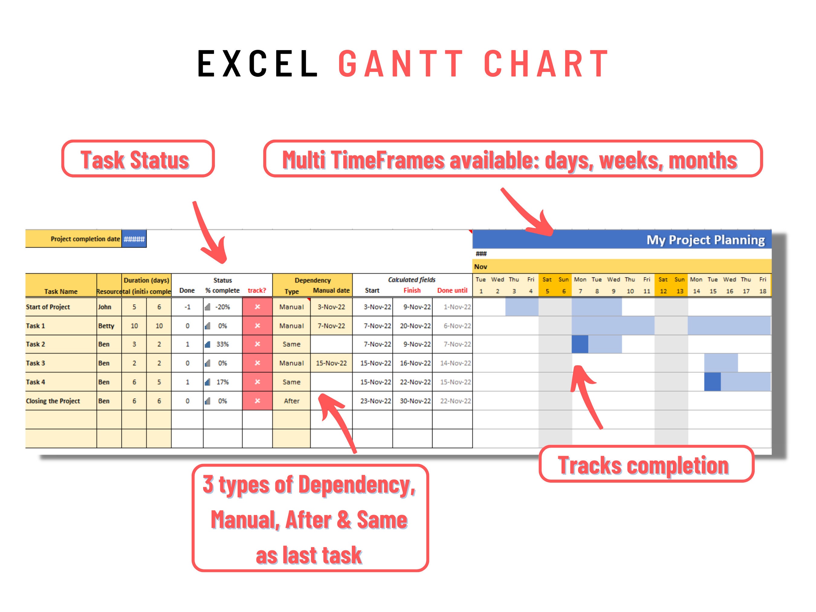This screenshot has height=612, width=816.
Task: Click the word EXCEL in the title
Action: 257,63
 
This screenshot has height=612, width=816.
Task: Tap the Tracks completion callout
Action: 646,465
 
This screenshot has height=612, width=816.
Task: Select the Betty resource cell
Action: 106,326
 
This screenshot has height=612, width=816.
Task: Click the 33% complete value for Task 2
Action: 222,345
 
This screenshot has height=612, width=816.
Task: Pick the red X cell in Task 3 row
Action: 257,363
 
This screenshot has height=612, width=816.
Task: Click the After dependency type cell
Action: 291,401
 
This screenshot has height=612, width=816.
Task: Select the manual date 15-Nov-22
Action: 331,363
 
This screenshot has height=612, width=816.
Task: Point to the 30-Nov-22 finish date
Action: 415,401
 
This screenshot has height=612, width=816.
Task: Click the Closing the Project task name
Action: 53,401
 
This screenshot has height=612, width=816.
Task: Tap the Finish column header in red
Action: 412,291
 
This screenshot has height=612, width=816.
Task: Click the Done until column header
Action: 452,291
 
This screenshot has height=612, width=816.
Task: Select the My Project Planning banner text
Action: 705,240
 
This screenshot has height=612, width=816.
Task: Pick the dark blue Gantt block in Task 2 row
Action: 580,345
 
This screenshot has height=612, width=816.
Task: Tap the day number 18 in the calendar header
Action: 763,291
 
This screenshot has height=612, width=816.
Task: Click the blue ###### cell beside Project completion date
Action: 134,239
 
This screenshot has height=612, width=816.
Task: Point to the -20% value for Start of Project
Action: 222,307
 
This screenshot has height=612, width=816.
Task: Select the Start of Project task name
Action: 48,307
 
